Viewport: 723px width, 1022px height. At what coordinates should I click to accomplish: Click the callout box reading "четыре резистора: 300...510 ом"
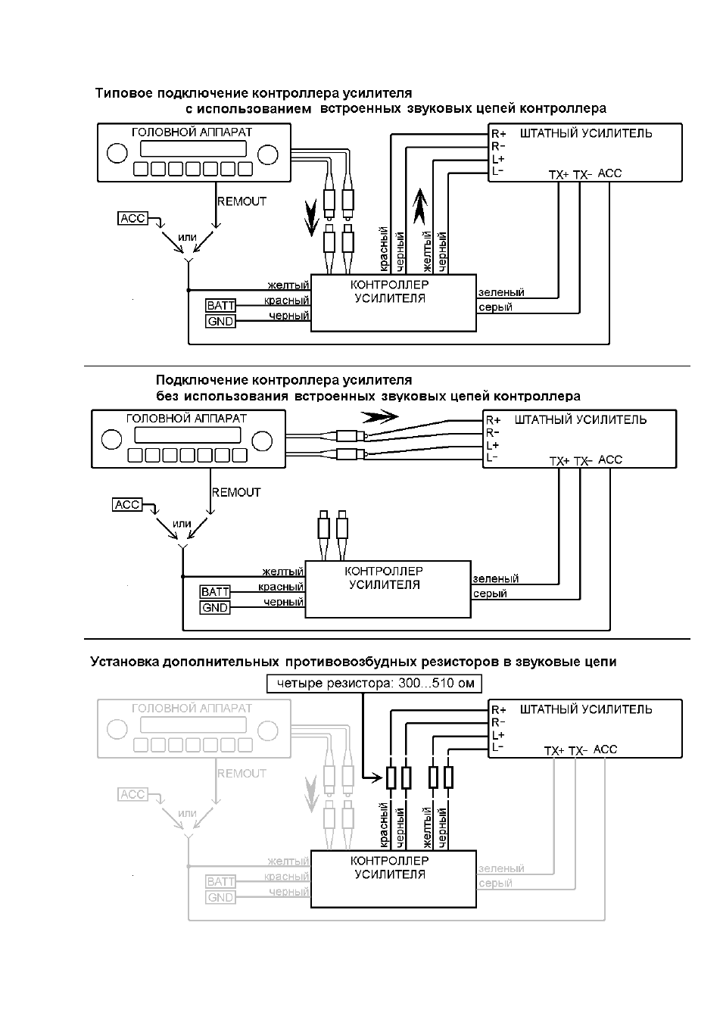[374, 684]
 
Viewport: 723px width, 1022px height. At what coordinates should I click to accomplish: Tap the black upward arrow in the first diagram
[420, 206]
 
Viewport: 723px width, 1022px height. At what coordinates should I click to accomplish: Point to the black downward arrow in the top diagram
[312, 219]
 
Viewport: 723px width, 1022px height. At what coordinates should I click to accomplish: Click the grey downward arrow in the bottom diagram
[312, 795]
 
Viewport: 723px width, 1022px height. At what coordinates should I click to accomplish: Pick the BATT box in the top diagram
[221, 305]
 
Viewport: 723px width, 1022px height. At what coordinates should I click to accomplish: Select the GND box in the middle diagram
[215, 608]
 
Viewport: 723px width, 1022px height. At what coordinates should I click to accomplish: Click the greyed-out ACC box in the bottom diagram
[132, 794]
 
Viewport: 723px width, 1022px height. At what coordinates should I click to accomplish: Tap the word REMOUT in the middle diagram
[236, 492]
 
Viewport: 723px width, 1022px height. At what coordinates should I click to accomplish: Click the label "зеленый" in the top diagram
[501, 292]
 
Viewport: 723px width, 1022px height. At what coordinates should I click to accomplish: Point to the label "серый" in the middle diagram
[490, 594]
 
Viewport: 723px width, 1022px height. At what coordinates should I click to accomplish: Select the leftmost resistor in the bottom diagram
[391, 778]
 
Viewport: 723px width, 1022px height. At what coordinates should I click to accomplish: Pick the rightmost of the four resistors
[448, 778]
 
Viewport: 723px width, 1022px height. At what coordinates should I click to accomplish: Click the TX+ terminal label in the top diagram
[558, 175]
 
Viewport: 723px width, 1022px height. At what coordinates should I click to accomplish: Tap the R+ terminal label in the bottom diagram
[499, 710]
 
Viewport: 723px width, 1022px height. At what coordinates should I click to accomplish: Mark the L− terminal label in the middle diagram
[492, 457]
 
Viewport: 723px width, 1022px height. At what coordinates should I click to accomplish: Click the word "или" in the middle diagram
[182, 524]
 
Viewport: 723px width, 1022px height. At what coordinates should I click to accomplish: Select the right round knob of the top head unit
[268, 154]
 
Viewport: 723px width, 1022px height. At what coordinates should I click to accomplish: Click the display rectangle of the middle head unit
[188, 435]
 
